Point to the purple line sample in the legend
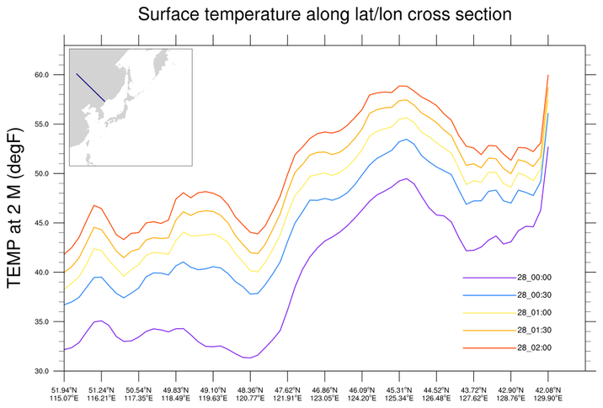(488, 277)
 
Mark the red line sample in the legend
(488, 347)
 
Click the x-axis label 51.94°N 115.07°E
(64, 395)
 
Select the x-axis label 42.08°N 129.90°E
(548, 395)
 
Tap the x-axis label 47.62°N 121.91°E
(287, 395)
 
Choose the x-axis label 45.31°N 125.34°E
(399, 395)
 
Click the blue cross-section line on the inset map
(90, 87)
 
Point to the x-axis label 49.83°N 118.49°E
(175, 395)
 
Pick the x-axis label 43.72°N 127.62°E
(473, 395)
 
